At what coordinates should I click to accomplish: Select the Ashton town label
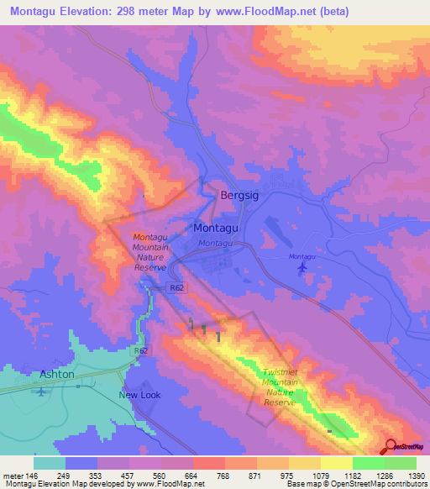(57, 373)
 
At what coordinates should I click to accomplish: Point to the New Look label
(139, 394)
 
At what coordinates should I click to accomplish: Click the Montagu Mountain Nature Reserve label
(151, 252)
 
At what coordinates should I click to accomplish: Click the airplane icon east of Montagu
(302, 268)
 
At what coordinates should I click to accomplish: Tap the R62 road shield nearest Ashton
(140, 350)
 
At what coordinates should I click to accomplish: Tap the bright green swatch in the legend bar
(368, 463)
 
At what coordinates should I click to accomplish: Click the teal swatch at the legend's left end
(50, 463)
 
